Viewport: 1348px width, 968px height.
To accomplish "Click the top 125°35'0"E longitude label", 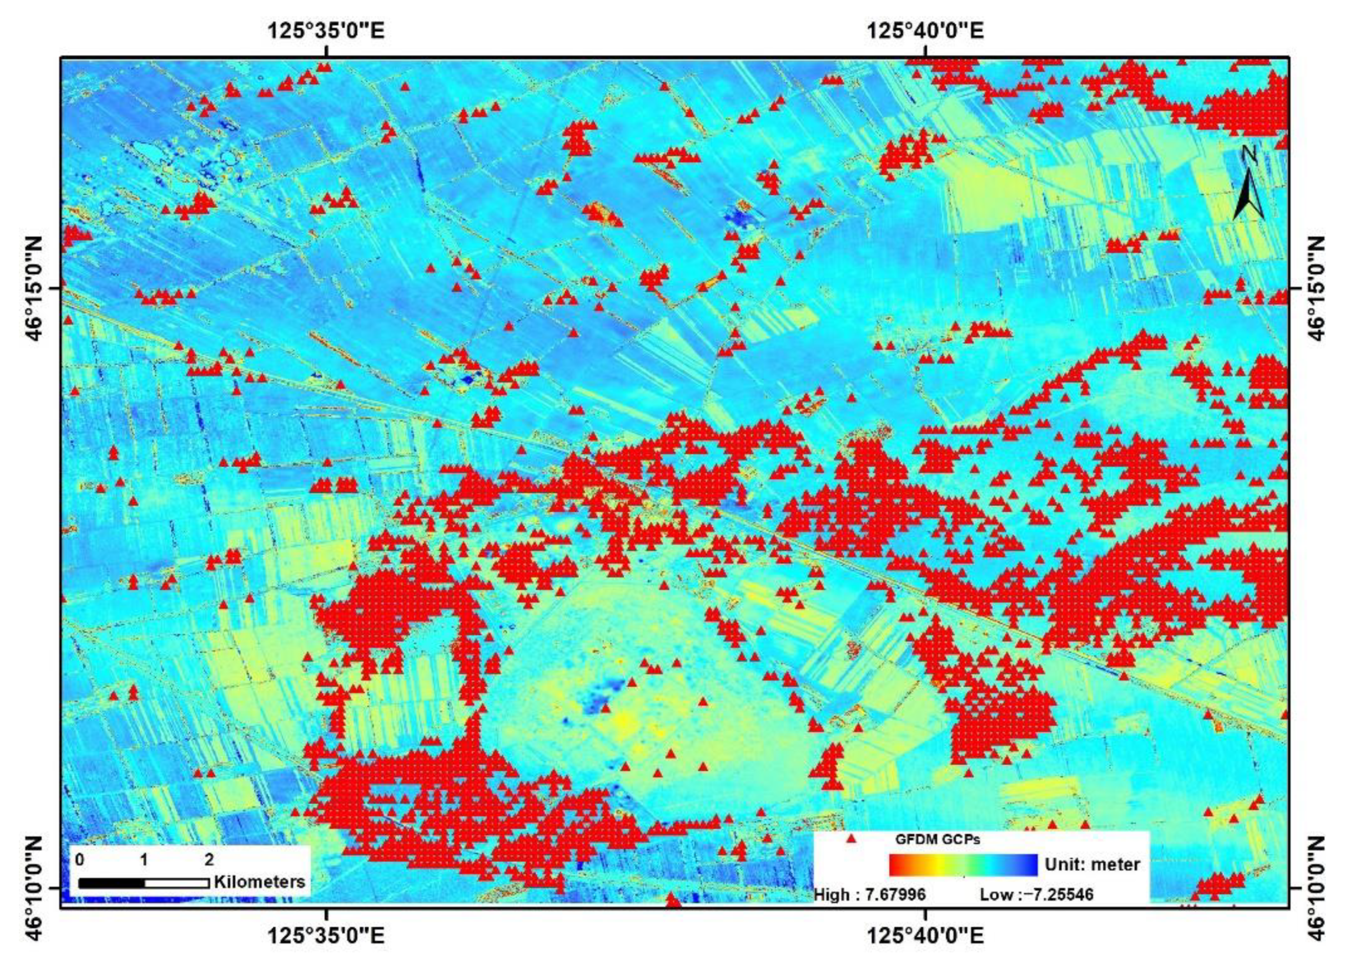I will [326, 29].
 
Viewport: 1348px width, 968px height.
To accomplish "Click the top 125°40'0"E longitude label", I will [925, 29].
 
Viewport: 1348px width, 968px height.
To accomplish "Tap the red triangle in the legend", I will [851, 839].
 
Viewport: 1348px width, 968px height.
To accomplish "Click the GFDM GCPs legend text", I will [937, 840].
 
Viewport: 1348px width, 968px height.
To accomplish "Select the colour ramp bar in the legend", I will [963, 864].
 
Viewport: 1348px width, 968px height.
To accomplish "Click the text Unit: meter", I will [1092, 864].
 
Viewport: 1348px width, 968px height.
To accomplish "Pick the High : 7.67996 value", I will [870, 894].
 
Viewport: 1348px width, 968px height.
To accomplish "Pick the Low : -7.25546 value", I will [1036, 894].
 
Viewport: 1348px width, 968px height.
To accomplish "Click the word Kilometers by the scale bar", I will [260, 881].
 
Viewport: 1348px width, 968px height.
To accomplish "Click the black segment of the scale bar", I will [111, 883].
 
